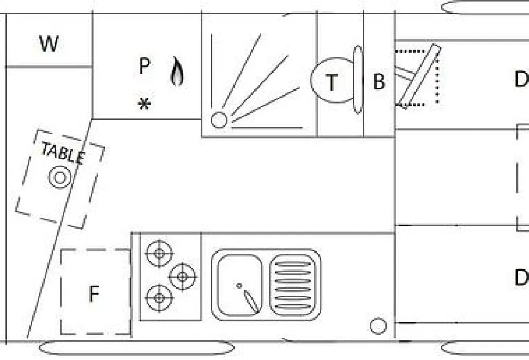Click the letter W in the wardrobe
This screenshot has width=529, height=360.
coord(49,43)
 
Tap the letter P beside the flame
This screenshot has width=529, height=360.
coord(144,66)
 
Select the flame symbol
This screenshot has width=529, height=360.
coord(177,71)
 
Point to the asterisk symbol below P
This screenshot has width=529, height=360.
coord(144,104)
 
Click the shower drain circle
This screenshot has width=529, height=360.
coord(219,120)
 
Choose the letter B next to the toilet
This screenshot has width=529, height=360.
coord(379,82)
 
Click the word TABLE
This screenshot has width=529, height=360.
coord(63,153)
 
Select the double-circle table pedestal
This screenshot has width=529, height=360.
coord(59,177)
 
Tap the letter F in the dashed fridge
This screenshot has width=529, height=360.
coord(94,293)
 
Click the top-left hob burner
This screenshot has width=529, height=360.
coord(159,253)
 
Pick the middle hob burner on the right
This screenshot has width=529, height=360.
coord(182,277)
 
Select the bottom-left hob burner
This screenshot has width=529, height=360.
coord(159,298)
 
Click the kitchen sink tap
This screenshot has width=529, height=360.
coord(251,301)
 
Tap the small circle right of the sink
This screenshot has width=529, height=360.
coord(378,326)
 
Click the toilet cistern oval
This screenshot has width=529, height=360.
coord(358,79)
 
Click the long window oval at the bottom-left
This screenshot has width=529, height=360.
coord(136,348)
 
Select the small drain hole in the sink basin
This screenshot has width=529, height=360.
coord(239,286)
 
